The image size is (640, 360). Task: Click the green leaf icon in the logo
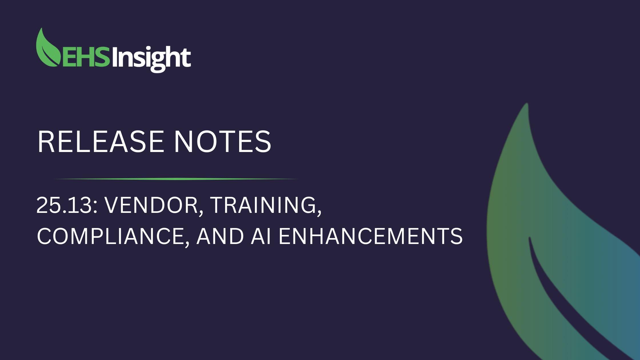coord(47,49)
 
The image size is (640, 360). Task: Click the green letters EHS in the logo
coord(86,57)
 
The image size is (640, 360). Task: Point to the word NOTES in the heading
coord(223,142)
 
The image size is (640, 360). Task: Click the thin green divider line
coord(177,179)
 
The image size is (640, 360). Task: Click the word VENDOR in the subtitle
coord(151,205)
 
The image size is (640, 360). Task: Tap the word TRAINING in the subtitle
coord(263,205)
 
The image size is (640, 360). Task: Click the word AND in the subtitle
coord(220,237)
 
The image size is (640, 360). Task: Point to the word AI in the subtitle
coord(261,237)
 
